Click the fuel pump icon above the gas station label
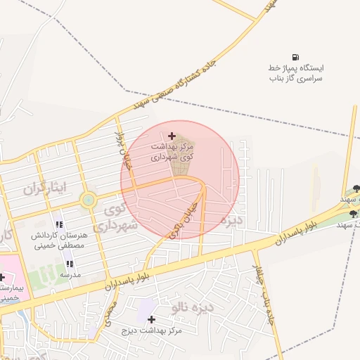tap(295, 57)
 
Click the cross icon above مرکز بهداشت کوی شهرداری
tap(172, 135)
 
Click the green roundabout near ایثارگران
tap(88, 200)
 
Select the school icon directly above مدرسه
tap(69, 264)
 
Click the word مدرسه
tap(70, 274)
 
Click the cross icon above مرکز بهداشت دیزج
tap(151, 319)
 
